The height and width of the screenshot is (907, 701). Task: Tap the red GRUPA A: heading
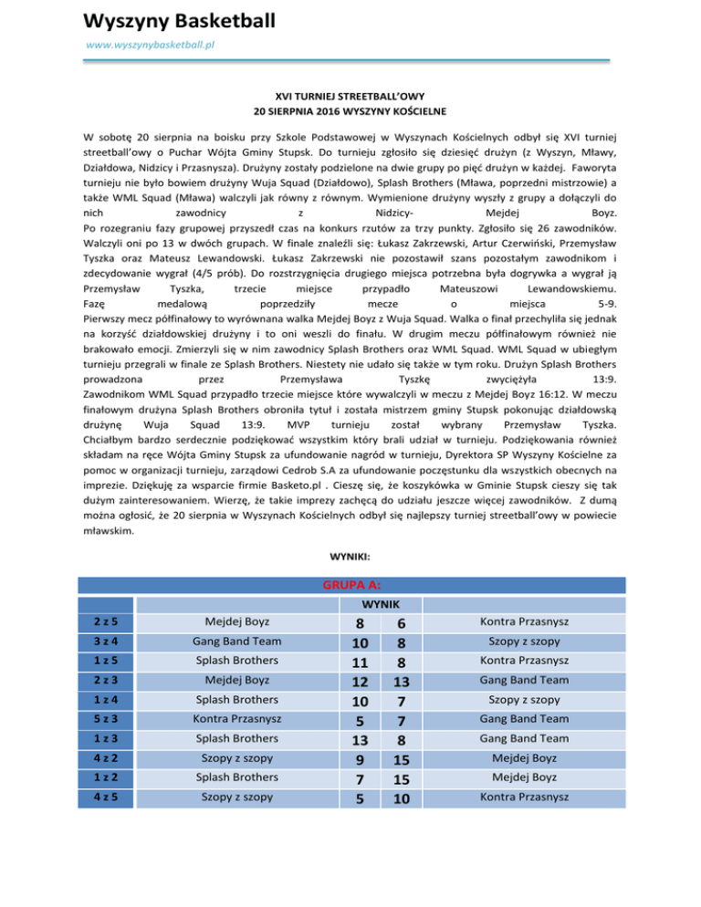pyautogui.click(x=350, y=585)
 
